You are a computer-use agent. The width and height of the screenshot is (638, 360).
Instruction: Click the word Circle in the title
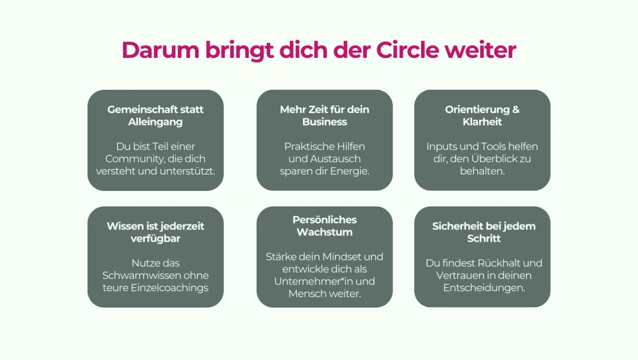[x=407, y=50]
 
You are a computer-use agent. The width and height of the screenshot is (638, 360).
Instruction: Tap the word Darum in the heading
[x=160, y=50]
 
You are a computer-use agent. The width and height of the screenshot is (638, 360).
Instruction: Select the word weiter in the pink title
[x=480, y=50]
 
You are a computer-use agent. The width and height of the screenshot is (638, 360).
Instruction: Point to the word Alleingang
[x=155, y=122]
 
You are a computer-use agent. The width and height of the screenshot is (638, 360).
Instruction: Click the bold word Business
[x=324, y=122]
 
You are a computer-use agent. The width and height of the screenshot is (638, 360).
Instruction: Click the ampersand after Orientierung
[x=516, y=110]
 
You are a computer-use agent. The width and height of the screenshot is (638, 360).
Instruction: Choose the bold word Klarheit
[x=482, y=122]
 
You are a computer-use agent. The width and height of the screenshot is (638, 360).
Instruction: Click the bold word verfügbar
[x=155, y=239]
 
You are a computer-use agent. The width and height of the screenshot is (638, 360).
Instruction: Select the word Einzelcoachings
[x=169, y=288]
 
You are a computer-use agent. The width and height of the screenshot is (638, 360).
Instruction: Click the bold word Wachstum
[x=324, y=232]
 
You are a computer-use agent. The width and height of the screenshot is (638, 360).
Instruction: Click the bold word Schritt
[x=483, y=238]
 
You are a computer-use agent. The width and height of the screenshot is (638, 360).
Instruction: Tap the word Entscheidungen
[x=484, y=288]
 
